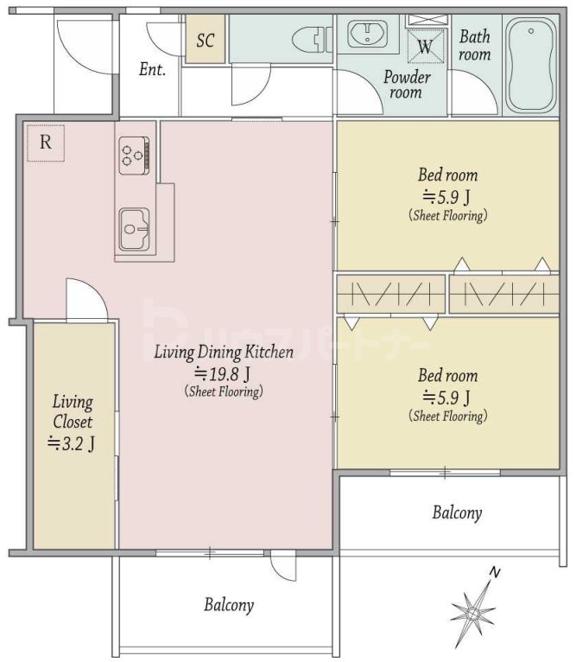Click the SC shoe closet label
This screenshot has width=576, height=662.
coord(205,40)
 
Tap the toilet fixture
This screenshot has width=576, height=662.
coord(313,39)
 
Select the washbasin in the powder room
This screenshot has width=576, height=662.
coord(367,34)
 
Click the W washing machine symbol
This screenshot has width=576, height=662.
coord(427,47)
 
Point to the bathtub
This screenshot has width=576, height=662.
coord(530,63)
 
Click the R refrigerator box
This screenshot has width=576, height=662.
coord(46,143)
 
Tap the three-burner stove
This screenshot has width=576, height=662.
coord(134,156)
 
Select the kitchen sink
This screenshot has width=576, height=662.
coord(134,229)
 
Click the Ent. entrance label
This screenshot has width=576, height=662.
coord(152,69)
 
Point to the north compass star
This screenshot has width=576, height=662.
coord(472,613)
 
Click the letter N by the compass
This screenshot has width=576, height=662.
coord(495,572)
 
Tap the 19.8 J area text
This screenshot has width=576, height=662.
coord(223,373)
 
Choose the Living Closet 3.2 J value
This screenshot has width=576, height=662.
coord(71,443)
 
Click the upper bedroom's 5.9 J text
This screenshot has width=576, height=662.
coord(446,196)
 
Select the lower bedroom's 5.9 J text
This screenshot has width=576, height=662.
coord(446,397)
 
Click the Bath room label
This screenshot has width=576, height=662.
coord(475,45)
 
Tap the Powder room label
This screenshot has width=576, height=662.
coord(407,85)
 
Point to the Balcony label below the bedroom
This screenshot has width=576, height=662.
coord(457,513)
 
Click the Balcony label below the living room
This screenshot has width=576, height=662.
coord(229,605)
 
